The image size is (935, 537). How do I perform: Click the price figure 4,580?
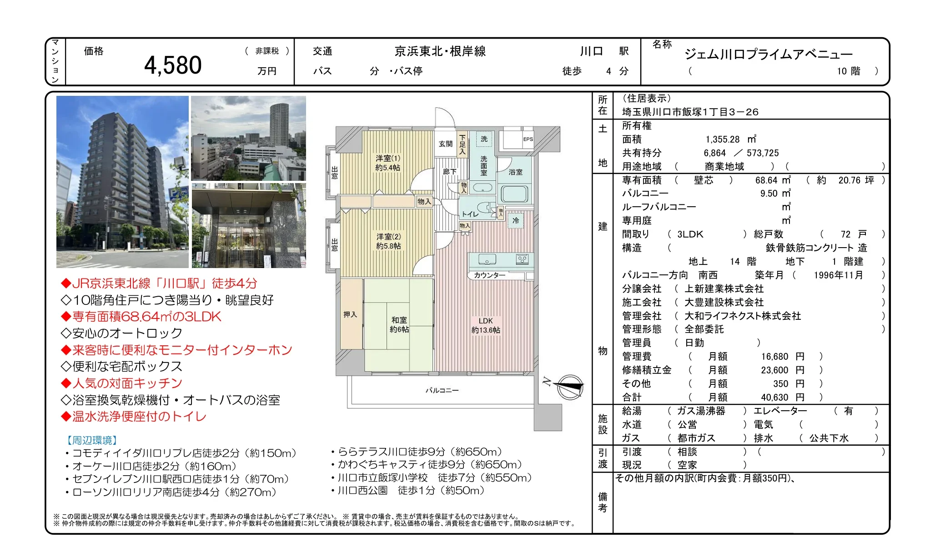[x=173, y=65]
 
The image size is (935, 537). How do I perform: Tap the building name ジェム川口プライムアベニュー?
[x=768, y=55]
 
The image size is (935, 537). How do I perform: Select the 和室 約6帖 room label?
[x=399, y=325]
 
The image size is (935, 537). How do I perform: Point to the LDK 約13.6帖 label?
[x=486, y=325]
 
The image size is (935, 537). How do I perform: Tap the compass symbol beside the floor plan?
[x=569, y=387]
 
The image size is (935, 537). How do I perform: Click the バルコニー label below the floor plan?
[x=442, y=390]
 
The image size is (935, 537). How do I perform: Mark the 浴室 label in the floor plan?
[x=515, y=172]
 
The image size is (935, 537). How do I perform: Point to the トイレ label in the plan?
[x=470, y=214]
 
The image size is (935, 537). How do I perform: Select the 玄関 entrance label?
[x=446, y=144]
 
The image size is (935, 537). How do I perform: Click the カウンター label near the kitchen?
[x=489, y=275]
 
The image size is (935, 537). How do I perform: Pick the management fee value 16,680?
[x=775, y=357]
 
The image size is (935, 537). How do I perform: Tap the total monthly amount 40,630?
[x=775, y=398]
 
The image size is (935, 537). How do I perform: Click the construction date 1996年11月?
[x=838, y=275]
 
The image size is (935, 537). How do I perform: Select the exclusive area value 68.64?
[x=767, y=180]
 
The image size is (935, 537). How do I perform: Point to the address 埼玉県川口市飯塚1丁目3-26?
[x=690, y=112]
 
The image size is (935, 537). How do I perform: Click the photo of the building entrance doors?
[x=249, y=225]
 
